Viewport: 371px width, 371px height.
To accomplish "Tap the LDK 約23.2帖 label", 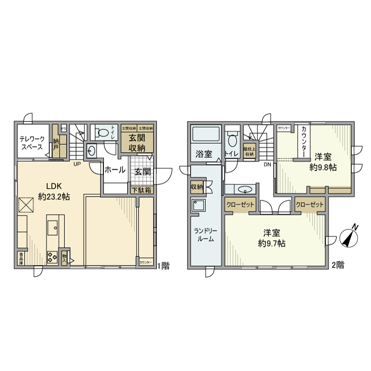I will pyautogui.click(x=54, y=191).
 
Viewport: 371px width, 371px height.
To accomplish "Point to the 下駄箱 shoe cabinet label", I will pyautogui.click(x=142, y=189).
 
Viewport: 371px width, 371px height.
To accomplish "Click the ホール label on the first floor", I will pyautogui.click(x=114, y=170).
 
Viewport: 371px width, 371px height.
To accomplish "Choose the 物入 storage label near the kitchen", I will pyautogui.click(x=65, y=258).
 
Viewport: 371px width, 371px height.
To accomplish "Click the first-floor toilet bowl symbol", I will pyautogui.click(x=104, y=132).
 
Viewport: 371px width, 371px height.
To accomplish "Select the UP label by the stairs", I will pyautogui.click(x=77, y=164).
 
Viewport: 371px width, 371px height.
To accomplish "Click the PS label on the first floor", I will pyautogui.click(x=64, y=128).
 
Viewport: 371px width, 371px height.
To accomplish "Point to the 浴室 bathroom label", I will pyautogui.click(x=204, y=154).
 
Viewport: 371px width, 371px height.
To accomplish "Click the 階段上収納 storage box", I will pyautogui.click(x=248, y=151).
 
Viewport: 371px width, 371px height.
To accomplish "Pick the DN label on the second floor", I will pyautogui.click(x=268, y=164).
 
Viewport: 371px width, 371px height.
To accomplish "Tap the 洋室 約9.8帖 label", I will pyautogui.click(x=323, y=162).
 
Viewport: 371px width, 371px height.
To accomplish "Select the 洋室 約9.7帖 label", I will pyautogui.click(x=272, y=238).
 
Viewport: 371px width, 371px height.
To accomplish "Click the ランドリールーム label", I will pyautogui.click(x=204, y=234).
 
